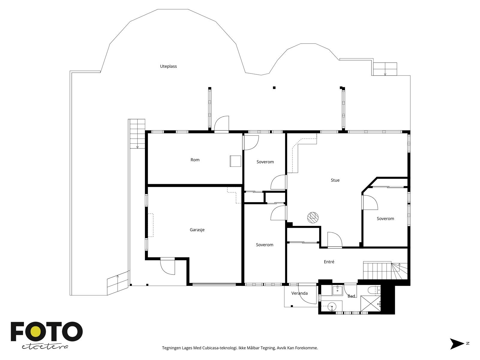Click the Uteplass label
point(168,66)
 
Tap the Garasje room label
point(197,230)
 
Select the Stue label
point(335,180)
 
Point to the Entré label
point(329,262)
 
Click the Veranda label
point(299,293)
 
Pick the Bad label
point(351,296)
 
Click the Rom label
point(195,160)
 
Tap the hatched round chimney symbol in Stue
point(313,217)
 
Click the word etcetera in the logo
point(45,347)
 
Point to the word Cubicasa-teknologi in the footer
point(220,348)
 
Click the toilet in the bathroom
point(374,290)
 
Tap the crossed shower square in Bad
point(370,303)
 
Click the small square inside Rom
point(235,161)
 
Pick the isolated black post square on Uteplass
point(274,88)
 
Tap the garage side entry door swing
point(167,267)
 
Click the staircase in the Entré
point(385,270)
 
